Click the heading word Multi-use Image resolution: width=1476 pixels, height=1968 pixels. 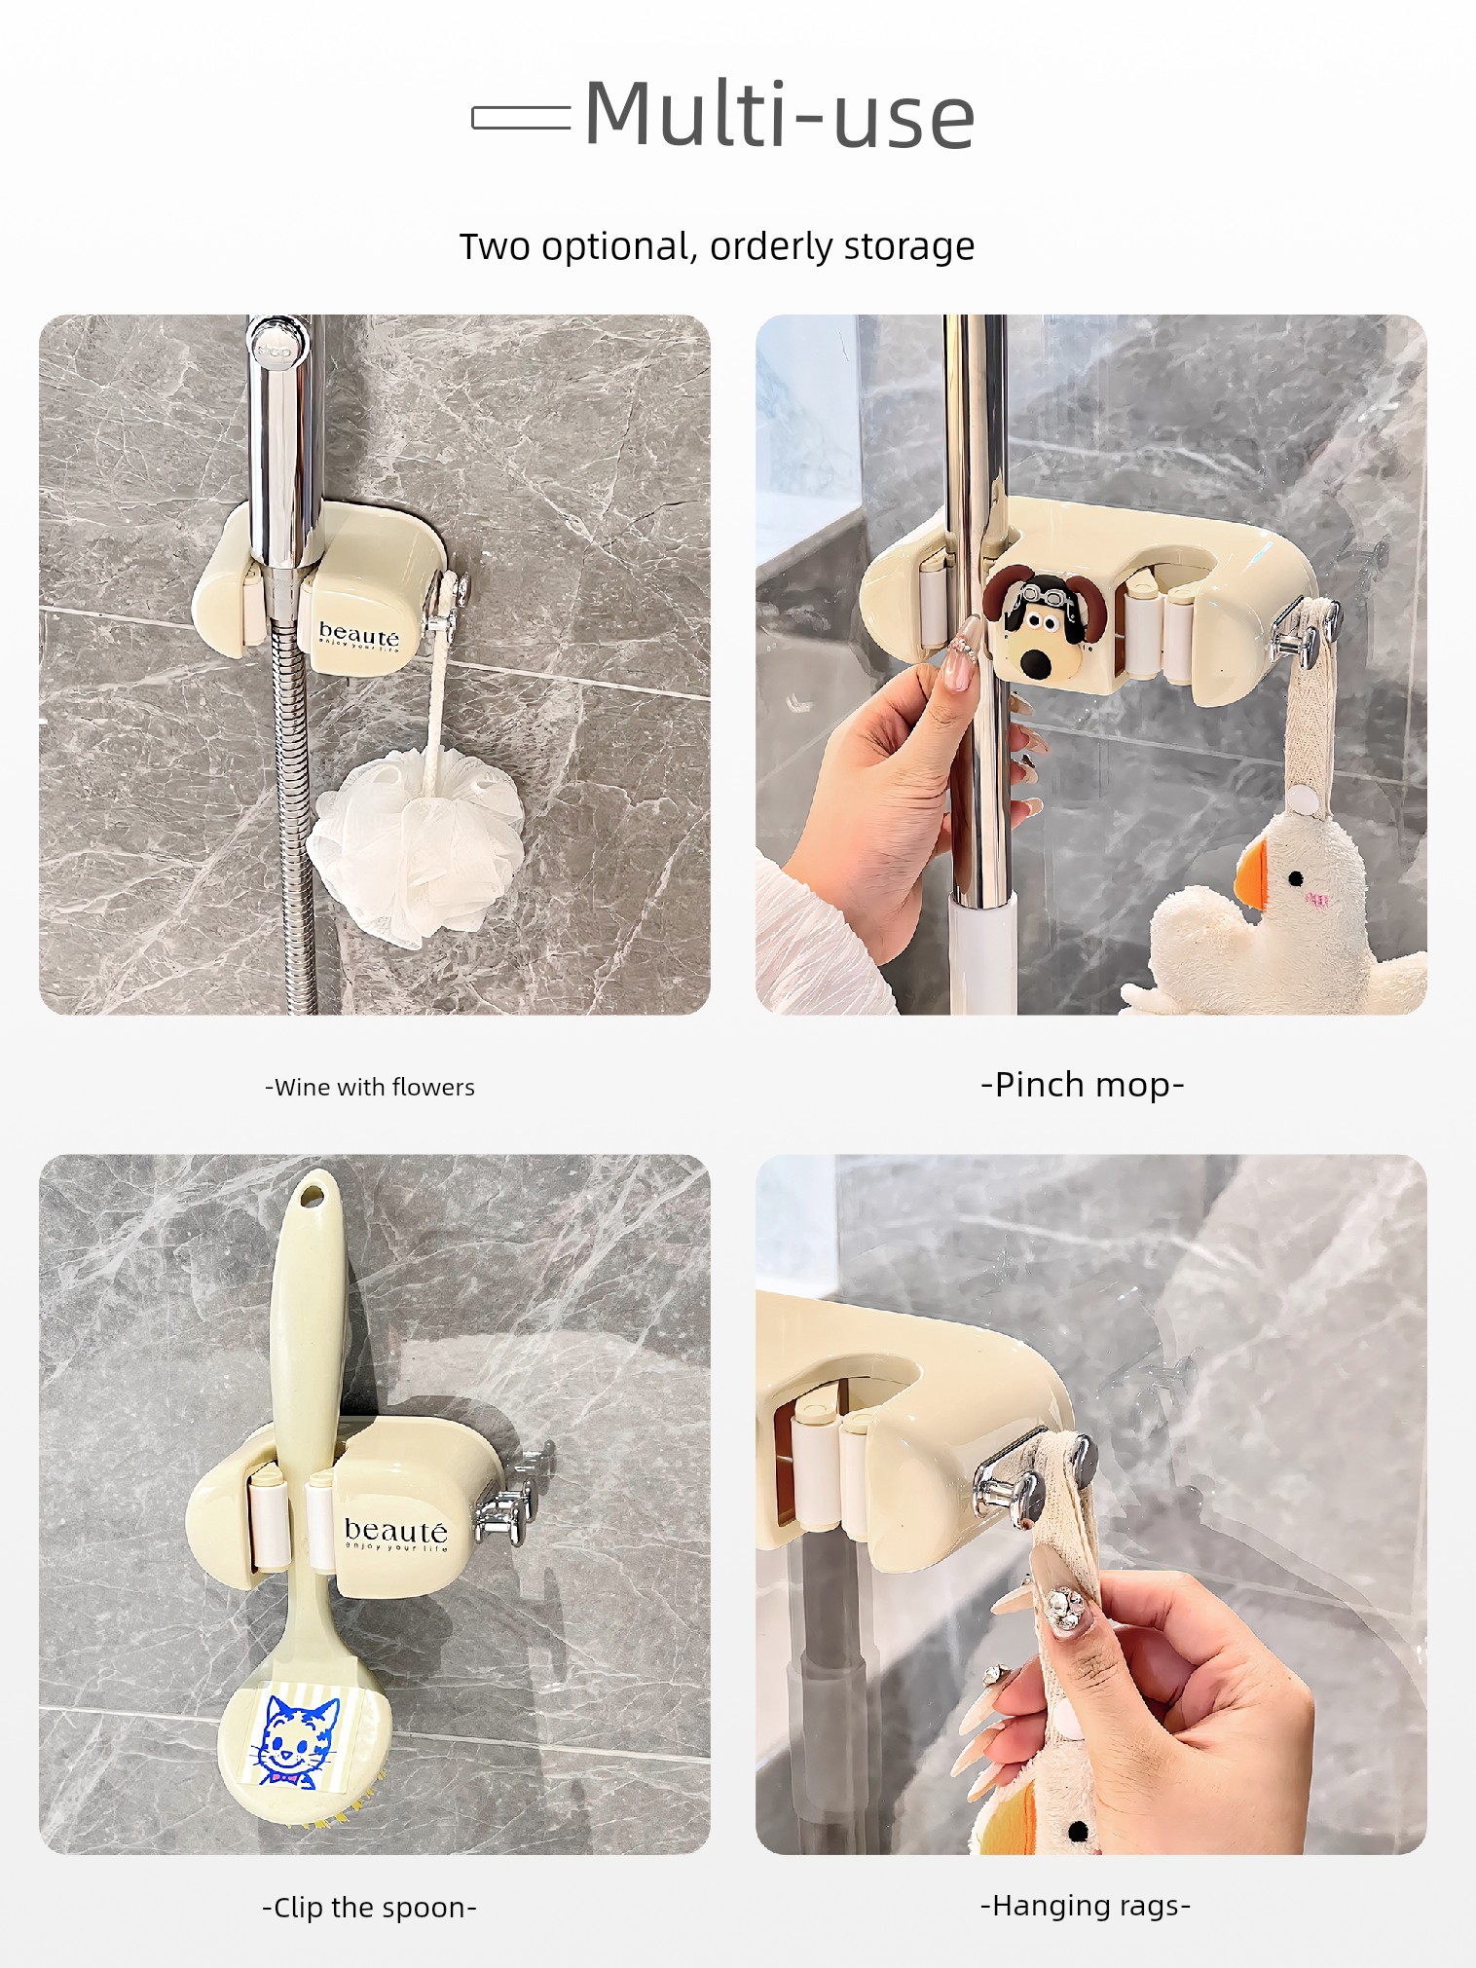coord(779,115)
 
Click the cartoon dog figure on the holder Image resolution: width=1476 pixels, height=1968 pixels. coord(1033,620)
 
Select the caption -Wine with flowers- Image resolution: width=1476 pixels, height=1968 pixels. coord(370,1087)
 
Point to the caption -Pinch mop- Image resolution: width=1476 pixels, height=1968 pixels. coord(1083,1085)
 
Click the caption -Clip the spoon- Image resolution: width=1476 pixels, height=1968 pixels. coord(370,1907)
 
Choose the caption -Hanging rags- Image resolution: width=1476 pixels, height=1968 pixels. coord(1086,1905)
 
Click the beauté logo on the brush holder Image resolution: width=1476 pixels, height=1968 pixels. coord(396,1533)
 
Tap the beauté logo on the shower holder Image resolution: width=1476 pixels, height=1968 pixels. coord(359,636)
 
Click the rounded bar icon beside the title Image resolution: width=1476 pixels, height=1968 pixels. coord(521,118)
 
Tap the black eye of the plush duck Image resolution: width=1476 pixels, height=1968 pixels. coord(1296,878)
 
